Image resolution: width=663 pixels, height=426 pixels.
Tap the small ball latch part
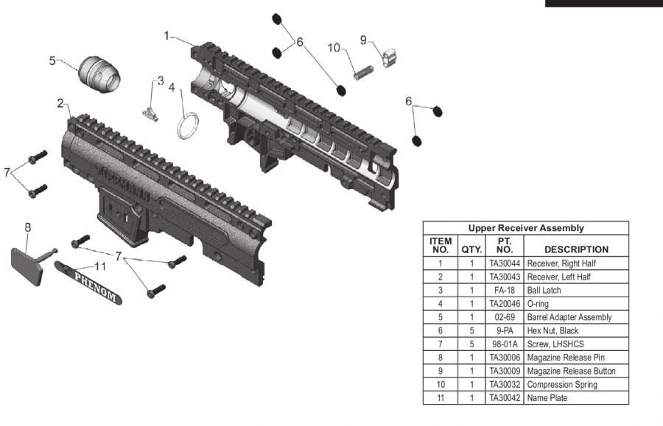pos(150,113)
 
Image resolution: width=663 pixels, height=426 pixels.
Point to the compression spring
pos(363,73)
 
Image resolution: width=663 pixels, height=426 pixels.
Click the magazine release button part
pos(389,58)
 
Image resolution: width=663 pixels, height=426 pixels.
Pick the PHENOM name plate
pos(88,283)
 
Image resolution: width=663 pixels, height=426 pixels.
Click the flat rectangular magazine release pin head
pos(27,267)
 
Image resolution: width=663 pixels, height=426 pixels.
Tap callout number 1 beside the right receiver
pos(166,35)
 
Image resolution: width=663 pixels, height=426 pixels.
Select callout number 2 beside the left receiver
pos(60,103)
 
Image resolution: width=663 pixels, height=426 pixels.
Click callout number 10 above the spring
pos(334,48)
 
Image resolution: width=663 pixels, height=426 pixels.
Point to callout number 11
pos(100,266)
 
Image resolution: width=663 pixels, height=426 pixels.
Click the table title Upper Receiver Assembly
pos(526,228)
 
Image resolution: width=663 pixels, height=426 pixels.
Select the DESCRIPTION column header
pos(576,249)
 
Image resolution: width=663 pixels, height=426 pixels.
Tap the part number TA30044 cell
pos(505,263)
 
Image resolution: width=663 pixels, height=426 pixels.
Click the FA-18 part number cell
pos(505,291)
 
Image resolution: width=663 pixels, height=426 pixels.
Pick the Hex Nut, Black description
pos(552,330)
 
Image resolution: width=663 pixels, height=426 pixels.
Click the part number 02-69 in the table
pos(505,317)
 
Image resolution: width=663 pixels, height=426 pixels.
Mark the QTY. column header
pos(471,249)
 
